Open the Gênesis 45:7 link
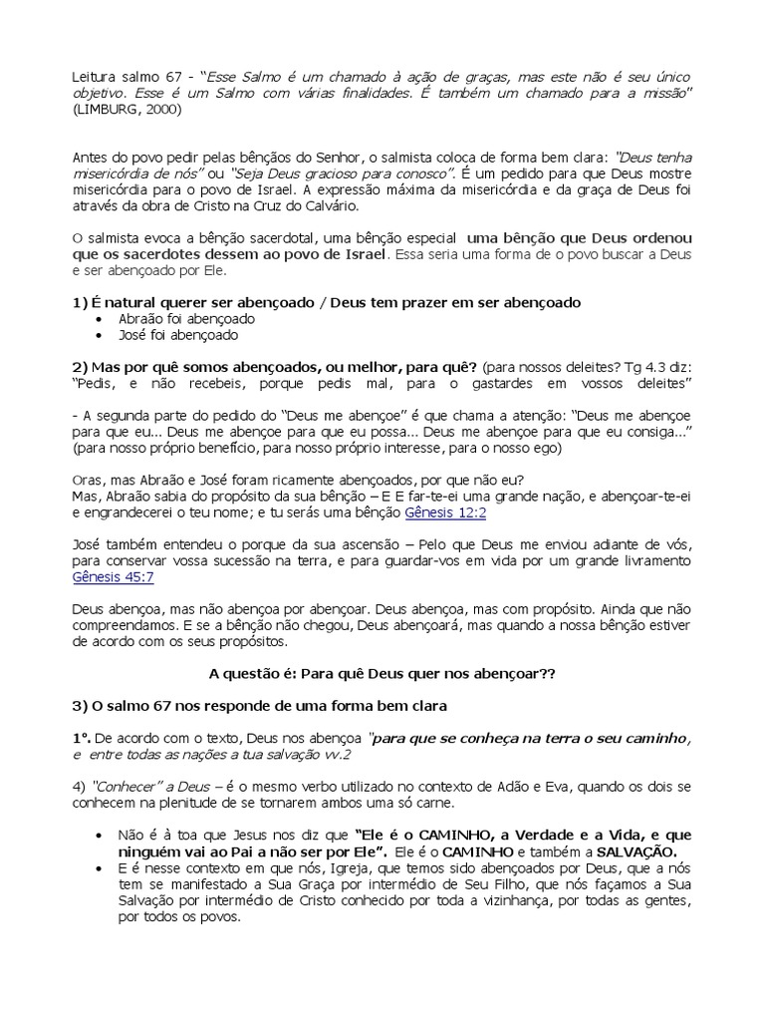click(113, 576)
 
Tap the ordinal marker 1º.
click(83, 738)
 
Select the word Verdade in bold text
click(540, 834)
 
